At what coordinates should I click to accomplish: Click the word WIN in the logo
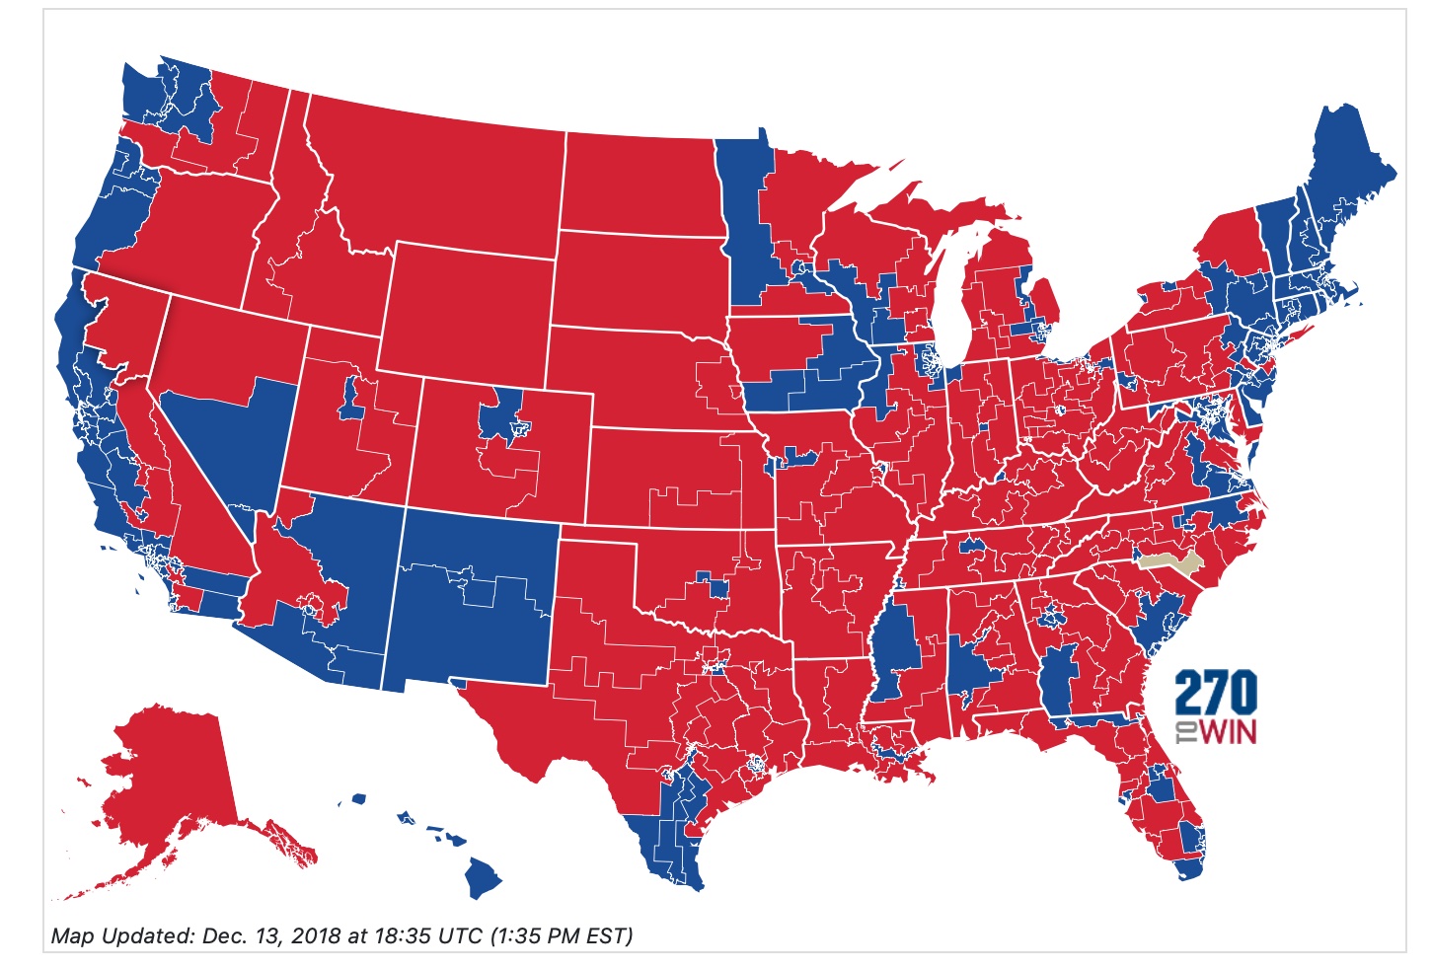click(1228, 732)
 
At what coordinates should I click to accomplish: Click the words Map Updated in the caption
click(121, 935)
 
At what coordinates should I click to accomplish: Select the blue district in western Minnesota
click(740, 227)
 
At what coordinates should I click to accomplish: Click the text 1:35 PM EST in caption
click(562, 935)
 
